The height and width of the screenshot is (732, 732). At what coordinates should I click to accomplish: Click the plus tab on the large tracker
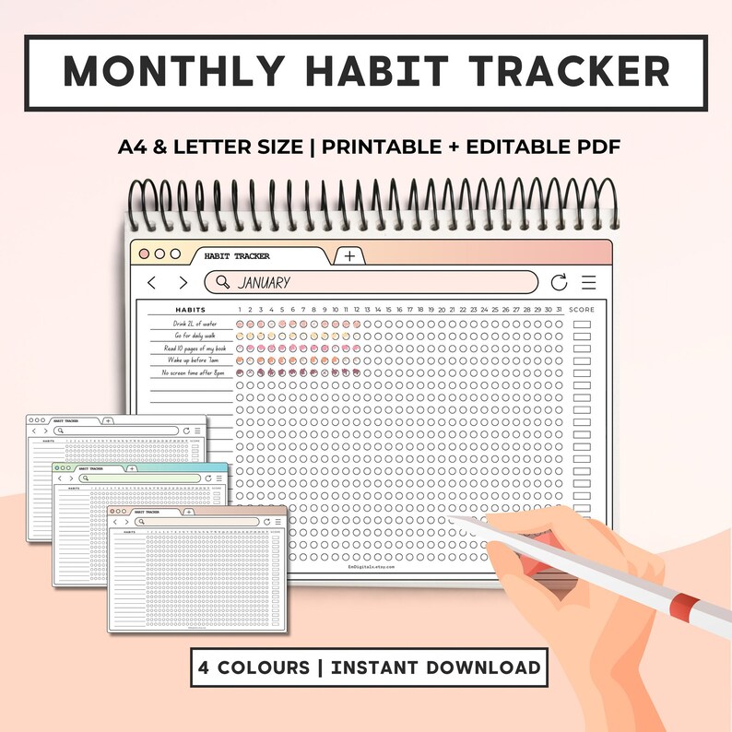348,256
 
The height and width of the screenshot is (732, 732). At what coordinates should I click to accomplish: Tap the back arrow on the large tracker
152,283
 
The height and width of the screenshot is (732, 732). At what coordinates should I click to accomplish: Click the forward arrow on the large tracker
183,283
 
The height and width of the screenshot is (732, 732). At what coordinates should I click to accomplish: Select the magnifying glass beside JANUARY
222,282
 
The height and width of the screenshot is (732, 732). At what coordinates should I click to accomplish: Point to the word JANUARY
264,283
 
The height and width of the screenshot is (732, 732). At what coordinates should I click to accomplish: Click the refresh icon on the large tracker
559,283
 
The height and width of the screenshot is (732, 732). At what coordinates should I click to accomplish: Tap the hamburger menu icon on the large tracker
589,283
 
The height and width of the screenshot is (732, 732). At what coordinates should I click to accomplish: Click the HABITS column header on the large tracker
191,310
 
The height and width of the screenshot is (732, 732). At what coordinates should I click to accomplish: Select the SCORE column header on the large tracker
582,310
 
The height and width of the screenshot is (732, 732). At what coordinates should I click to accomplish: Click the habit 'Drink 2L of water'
195,325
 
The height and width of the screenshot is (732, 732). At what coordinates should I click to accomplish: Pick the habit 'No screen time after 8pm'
193,372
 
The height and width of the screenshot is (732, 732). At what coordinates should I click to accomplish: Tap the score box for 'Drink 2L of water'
582,325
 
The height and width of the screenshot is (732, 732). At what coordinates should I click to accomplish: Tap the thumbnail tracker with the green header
138,490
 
